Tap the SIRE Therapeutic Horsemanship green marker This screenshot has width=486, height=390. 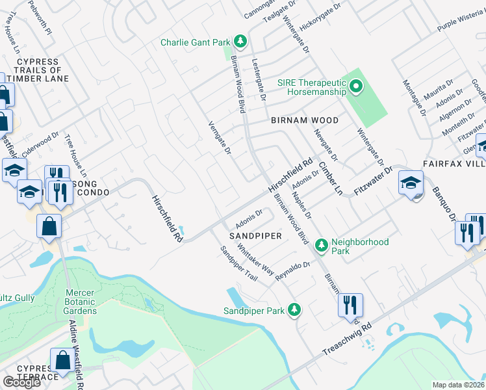pos(355,86)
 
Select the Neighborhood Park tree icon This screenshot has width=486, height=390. pos(320,245)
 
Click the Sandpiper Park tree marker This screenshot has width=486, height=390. pos(294,310)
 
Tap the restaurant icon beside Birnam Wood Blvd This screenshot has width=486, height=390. pos(351,305)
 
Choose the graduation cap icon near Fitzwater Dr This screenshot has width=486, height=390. pos(411,183)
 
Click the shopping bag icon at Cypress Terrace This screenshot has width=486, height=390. pos(63,360)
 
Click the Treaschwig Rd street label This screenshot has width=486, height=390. pos(347,341)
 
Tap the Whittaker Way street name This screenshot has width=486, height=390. pos(255,259)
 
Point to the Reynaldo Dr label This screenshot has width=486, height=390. pos(293,270)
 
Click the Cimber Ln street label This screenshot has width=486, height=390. pos(330,179)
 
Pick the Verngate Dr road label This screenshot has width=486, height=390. pos(220,137)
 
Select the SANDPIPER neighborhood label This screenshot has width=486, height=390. pos(255,236)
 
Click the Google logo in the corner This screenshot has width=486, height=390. pos(21,382)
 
